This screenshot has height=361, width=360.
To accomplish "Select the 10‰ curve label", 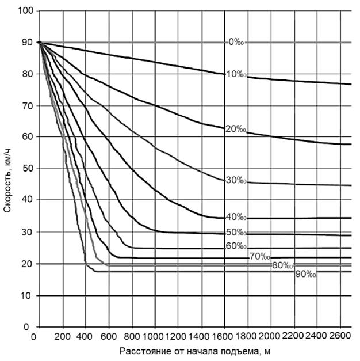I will pos(236,74).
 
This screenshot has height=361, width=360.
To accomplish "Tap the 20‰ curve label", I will pos(236,130).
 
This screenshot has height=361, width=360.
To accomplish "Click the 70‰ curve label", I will pos(259,256).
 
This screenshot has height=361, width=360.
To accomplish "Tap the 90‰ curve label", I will pos(306,275).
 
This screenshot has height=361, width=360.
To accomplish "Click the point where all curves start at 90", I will pos(39,43).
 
